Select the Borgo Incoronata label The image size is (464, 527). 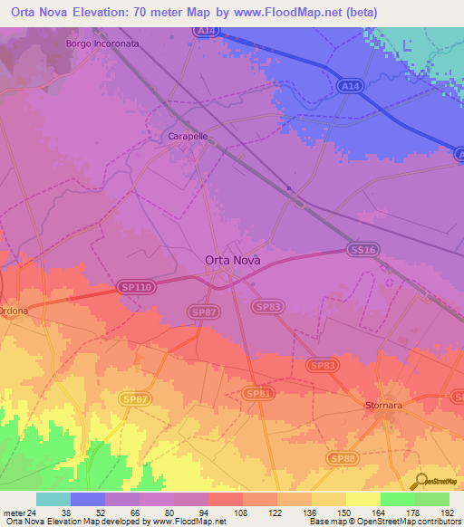click(x=103, y=43)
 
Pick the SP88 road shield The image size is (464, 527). click(x=343, y=459)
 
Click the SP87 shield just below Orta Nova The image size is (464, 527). click(x=203, y=311)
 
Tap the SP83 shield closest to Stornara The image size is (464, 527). click(x=324, y=365)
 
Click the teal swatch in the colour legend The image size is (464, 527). click(x=53, y=499)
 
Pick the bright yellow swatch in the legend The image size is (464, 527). click(x=363, y=499)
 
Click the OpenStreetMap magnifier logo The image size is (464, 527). click(x=421, y=482)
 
